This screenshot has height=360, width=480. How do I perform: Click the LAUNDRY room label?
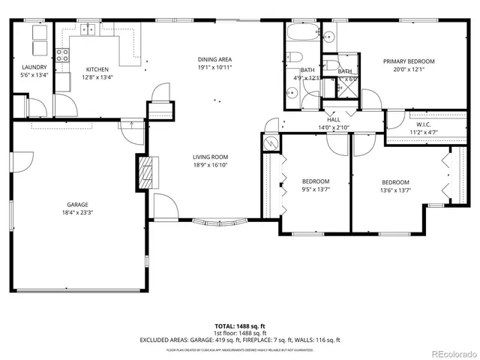(x=33, y=67)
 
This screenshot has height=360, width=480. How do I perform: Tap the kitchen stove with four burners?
(x=63, y=54)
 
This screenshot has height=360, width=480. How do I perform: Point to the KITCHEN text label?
(x=97, y=69)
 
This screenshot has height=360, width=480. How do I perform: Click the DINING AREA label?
(x=214, y=59)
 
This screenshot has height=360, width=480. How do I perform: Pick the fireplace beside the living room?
(x=147, y=173)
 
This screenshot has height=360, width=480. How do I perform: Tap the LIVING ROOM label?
(x=209, y=157)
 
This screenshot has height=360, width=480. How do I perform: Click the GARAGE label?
(x=76, y=205)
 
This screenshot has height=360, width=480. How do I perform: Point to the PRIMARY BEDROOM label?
(x=409, y=61)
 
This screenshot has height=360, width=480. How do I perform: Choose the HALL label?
(x=333, y=120)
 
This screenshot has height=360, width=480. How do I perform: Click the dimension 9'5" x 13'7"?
(x=316, y=189)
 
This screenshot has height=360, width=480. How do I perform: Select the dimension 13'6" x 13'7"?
(x=395, y=190)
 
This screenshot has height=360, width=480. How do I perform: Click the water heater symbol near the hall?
(x=270, y=142)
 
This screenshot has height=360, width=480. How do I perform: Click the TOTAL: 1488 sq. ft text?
(x=239, y=326)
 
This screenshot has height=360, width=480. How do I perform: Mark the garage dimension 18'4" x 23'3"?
(x=76, y=212)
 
